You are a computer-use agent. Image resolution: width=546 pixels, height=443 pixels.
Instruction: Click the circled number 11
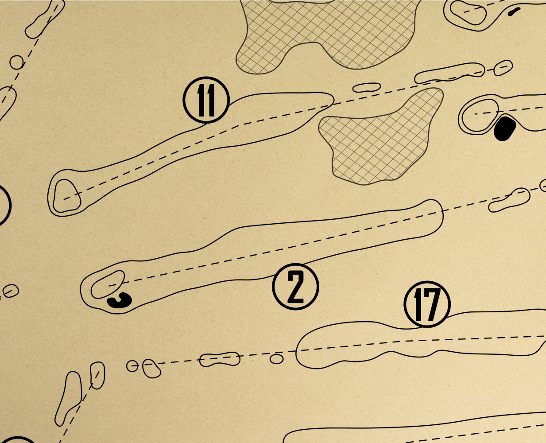(x=206, y=100)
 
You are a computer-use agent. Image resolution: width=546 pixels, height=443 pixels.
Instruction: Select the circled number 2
(x=295, y=287)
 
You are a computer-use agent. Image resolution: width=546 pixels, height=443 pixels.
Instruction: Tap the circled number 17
(x=427, y=304)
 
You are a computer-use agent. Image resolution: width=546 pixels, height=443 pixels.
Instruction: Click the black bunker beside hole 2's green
(x=120, y=300)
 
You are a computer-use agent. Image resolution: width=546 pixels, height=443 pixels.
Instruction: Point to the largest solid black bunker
(x=504, y=128)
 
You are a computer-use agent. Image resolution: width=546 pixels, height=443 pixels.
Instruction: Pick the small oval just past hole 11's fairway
(x=367, y=87)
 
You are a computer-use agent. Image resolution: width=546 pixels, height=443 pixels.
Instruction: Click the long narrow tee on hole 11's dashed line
(x=449, y=74)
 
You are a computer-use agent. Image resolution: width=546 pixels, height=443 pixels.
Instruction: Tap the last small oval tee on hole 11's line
(x=503, y=68)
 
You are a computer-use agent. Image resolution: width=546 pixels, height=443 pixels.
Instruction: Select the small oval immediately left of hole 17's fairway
(x=276, y=359)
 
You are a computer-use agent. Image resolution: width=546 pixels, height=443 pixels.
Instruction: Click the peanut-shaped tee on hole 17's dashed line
(x=220, y=359)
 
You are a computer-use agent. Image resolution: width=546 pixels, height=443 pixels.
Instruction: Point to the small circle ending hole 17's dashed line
(x=132, y=366)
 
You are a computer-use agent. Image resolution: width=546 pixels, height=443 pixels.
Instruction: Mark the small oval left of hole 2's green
(x=11, y=291)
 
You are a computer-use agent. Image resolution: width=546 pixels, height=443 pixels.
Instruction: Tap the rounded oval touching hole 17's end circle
(x=151, y=369)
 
